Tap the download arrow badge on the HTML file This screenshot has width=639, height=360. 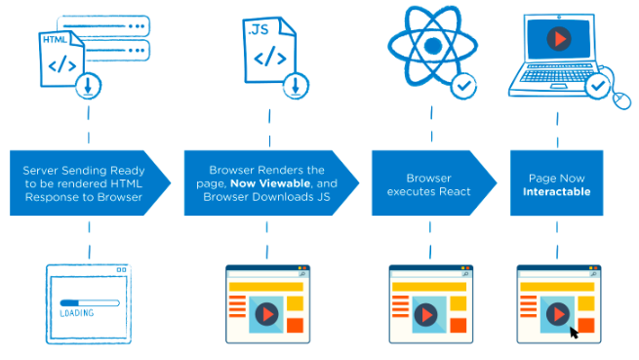89,86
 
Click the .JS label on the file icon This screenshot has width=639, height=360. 258,28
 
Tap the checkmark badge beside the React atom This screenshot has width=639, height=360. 464,87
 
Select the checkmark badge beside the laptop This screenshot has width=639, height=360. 596,87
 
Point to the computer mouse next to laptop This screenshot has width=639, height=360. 623,96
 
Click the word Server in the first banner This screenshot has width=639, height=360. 45,170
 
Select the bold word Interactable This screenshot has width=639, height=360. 556,190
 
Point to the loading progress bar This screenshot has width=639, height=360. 89,301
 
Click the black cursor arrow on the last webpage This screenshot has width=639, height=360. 575,331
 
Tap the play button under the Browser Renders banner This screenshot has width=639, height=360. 264,314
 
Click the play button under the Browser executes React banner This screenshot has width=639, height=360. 428,314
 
